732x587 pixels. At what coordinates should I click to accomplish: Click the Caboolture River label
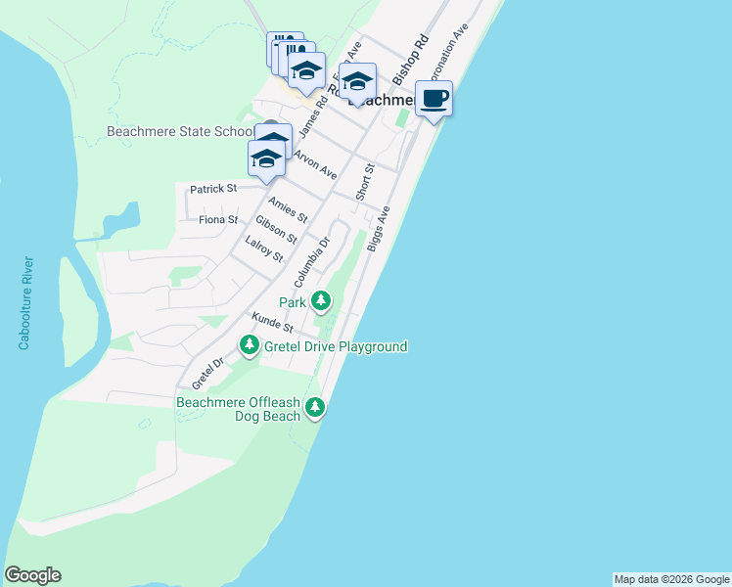[25, 303]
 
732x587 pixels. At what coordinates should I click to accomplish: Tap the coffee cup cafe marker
[435, 99]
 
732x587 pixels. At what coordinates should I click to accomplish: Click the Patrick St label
[213, 188]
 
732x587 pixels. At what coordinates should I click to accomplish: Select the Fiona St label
[218, 220]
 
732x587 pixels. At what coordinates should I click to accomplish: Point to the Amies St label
[288, 208]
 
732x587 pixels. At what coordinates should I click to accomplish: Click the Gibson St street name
[276, 230]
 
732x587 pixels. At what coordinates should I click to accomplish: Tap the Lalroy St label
[264, 250]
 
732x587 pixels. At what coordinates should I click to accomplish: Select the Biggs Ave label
[379, 229]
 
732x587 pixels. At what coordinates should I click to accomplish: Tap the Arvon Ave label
[316, 164]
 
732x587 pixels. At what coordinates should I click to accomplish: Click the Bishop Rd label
[411, 60]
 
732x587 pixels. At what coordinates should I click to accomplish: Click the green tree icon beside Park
[321, 301]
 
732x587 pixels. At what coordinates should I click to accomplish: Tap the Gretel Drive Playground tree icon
[250, 345]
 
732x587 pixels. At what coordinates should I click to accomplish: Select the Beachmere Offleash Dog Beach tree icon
[314, 407]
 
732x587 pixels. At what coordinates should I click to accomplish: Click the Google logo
[32, 575]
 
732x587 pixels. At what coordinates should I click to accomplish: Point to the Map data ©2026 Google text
[671, 579]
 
